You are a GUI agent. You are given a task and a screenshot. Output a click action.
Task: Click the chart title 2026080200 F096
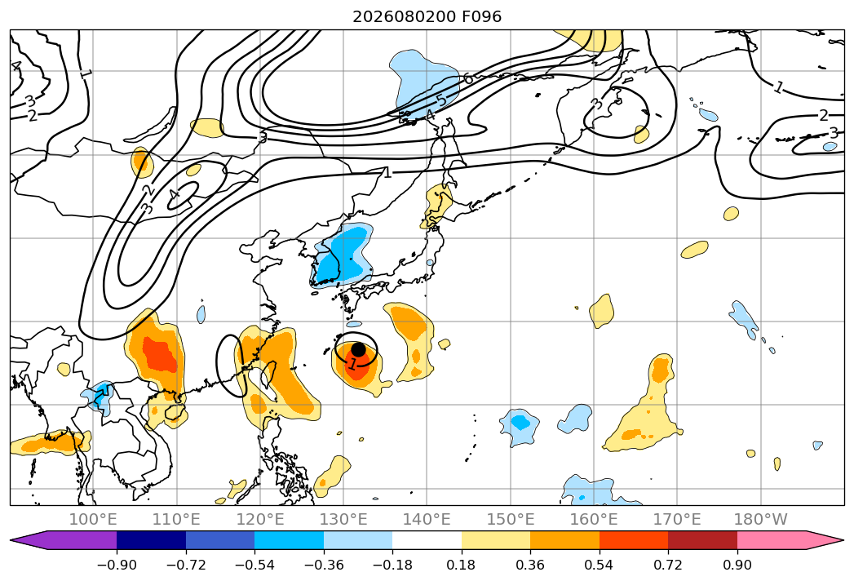click(427, 16)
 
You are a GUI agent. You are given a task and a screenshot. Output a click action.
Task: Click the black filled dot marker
click(358, 349)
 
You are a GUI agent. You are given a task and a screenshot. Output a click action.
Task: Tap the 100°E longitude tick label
click(93, 519)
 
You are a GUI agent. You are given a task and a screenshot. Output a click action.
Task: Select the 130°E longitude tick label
click(343, 519)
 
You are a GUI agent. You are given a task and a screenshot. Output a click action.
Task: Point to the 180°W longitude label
click(760, 519)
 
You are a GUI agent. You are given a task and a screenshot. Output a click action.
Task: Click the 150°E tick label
click(511, 519)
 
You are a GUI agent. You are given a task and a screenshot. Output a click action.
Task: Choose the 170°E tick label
click(677, 519)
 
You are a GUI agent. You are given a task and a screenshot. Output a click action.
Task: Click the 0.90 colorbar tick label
click(737, 565)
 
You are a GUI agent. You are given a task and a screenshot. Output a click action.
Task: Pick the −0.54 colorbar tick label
click(254, 565)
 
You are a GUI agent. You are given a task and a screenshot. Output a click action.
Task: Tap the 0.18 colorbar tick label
click(462, 565)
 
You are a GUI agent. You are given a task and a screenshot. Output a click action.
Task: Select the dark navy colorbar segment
click(152, 540)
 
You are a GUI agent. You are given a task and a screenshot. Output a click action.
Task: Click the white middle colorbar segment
click(427, 540)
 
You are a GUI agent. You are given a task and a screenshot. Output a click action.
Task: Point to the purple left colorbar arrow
click(64, 540)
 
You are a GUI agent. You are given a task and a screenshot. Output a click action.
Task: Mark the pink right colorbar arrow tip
click(844, 540)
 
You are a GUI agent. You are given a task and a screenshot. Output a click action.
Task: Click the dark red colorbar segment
click(702, 540)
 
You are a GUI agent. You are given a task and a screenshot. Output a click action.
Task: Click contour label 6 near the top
click(467, 79)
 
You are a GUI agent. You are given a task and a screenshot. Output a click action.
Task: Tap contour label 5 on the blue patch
click(442, 101)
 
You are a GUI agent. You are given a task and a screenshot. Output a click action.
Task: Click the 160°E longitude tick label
click(594, 519)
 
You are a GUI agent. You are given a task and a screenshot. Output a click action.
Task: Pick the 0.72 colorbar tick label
click(668, 565)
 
